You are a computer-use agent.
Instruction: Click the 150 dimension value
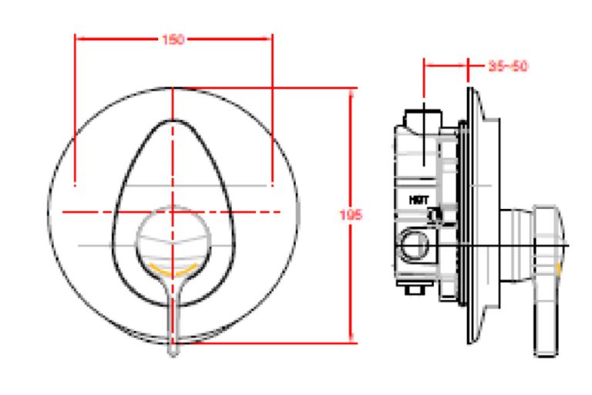tap(173, 40)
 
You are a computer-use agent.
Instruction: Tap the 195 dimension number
tap(351, 214)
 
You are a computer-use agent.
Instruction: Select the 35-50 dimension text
tap(508, 66)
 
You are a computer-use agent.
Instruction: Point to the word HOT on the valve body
tap(419, 199)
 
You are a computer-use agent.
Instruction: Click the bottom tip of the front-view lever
tap(173, 353)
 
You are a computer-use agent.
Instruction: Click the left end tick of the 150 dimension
tap(75, 35)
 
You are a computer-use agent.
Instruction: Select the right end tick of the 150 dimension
tap(272, 35)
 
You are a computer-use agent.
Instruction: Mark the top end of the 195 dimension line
tap(353, 89)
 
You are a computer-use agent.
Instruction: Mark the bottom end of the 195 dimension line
tap(353, 341)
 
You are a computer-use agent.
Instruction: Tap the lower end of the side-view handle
tap(545, 350)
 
